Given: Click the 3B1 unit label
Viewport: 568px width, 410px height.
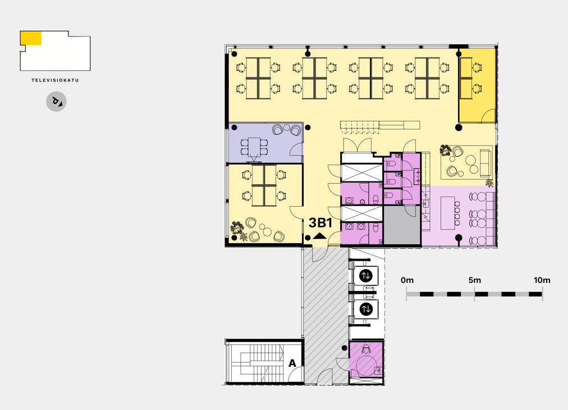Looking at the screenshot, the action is (x=320, y=223).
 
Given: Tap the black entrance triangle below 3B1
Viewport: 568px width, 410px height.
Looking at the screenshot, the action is (x=319, y=236).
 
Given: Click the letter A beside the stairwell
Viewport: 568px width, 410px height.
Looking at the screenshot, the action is (x=292, y=363).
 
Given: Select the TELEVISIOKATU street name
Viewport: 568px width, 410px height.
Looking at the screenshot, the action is (x=55, y=80).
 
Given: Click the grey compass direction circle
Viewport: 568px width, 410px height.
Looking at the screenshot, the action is (x=56, y=102).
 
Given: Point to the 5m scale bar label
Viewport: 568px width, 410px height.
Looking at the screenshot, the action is (x=474, y=280).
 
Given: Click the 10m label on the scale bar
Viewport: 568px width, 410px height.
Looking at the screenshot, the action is (x=542, y=280).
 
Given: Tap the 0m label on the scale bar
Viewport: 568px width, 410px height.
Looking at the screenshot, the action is (x=407, y=280).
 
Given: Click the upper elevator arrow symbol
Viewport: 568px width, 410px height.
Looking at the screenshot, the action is (x=366, y=276).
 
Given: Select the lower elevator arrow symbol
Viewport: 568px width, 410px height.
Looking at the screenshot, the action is (x=366, y=309).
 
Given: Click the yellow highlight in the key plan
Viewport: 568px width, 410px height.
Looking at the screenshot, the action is (x=31, y=38).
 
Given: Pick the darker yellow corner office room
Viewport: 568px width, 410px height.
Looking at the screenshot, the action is (x=477, y=85).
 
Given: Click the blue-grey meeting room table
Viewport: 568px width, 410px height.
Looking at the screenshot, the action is (x=255, y=147).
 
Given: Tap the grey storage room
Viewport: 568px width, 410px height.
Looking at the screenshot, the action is (x=402, y=225).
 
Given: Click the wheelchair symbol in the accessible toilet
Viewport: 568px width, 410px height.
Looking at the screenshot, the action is (x=366, y=349).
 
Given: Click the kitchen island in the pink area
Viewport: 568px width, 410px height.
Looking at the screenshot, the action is (x=447, y=213).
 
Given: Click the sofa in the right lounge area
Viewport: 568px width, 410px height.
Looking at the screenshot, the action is (x=485, y=163).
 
